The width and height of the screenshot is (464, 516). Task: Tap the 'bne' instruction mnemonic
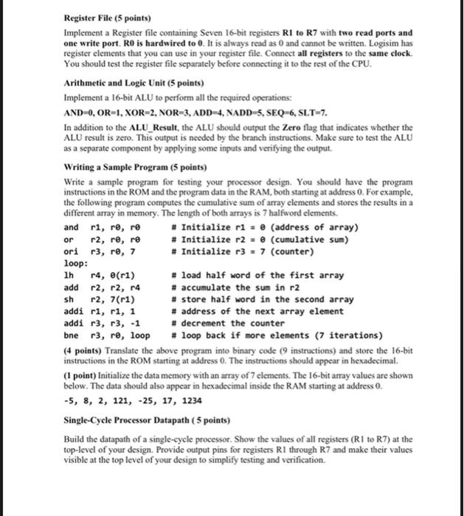click(x=72, y=334)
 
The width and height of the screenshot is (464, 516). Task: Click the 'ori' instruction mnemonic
click(x=72, y=251)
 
